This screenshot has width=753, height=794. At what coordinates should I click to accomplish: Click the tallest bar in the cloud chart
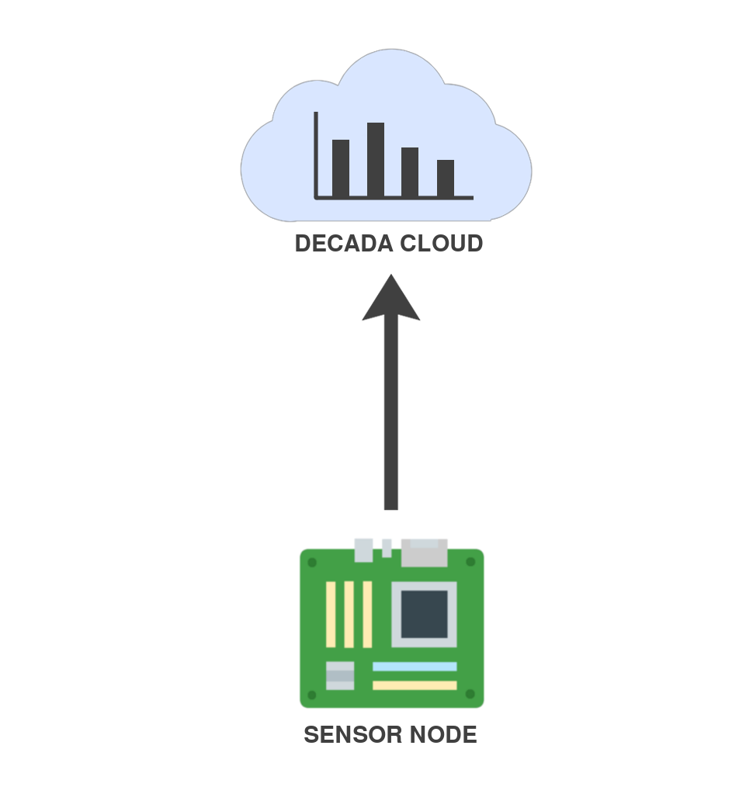pyautogui.click(x=376, y=159)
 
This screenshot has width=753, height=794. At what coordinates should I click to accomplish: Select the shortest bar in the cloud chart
pyautogui.click(x=446, y=178)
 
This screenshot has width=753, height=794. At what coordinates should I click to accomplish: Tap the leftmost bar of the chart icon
pyautogui.click(x=341, y=168)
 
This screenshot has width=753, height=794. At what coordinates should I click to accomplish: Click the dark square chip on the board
pyautogui.click(x=424, y=614)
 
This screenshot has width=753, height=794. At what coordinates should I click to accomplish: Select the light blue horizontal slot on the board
pyautogui.click(x=415, y=667)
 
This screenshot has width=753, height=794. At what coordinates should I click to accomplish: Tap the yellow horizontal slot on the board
pyautogui.click(x=415, y=685)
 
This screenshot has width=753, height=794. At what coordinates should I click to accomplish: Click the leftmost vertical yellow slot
pyautogui.click(x=331, y=614)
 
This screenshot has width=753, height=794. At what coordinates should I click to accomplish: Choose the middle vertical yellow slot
pyautogui.click(x=349, y=614)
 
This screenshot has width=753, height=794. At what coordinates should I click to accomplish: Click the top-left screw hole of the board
pyautogui.click(x=312, y=562)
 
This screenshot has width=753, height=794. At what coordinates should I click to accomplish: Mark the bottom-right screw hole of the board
pyautogui.click(x=470, y=695)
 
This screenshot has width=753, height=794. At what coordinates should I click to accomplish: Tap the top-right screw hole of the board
pyautogui.click(x=470, y=562)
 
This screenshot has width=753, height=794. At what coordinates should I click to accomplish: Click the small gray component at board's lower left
pyautogui.click(x=340, y=675)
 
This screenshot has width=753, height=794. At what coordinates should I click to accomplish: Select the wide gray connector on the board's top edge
pyautogui.click(x=425, y=553)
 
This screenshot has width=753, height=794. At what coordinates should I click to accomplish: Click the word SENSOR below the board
pyautogui.click(x=342, y=735)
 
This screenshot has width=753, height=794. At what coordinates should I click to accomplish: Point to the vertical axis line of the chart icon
pyautogui.click(x=316, y=155)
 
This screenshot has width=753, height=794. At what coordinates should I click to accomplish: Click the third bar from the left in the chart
pyautogui.click(x=410, y=172)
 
